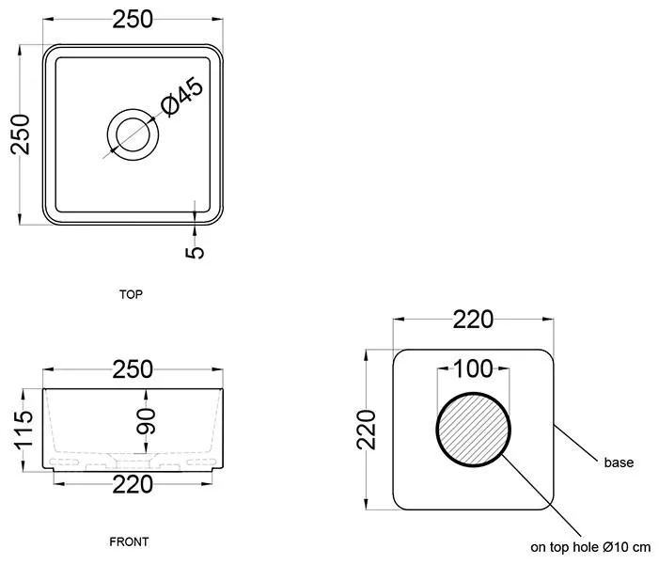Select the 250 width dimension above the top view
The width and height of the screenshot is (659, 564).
coord(133,18)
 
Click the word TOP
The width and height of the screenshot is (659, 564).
coord(132,294)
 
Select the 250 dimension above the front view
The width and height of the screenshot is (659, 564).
coord(133,369)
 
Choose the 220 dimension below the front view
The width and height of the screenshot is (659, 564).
coord(133,486)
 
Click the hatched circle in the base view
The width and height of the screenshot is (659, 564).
coord(475,429)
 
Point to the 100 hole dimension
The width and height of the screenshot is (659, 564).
coord(474,368)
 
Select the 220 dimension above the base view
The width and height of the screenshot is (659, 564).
coord(473,321)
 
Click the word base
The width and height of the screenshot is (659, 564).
coord(619,462)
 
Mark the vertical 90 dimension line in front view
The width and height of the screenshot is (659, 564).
coord(133,428)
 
